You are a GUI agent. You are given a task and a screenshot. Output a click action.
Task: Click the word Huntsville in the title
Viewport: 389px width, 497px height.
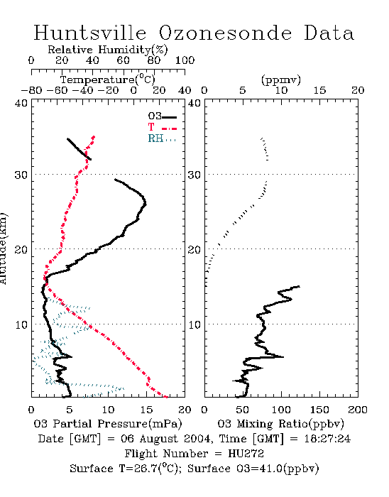[x=90, y=33]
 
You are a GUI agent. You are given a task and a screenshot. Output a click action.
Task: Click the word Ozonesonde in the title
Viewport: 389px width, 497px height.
[x=224, y=33]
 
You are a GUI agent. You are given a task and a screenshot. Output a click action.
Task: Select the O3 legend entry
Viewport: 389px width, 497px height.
[x=162, y=116]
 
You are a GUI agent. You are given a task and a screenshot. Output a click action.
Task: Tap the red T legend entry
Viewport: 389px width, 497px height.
[x=162, y=127]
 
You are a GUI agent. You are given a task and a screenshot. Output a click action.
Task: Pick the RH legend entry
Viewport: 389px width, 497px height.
[x=162, y=138]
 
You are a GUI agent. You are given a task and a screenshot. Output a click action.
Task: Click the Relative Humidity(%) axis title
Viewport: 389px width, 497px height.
[x=108, y=50]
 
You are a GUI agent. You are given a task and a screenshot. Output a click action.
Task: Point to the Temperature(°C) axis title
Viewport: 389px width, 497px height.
[x=108, y=80]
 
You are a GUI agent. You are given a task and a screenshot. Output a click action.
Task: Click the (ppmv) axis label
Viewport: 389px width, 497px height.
[x=281, y=80]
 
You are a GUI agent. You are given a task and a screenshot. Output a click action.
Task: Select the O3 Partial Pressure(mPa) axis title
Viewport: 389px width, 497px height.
[x=108, y=424]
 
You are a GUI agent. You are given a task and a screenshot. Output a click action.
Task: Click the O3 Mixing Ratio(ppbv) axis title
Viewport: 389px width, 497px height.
[x=280, y=424]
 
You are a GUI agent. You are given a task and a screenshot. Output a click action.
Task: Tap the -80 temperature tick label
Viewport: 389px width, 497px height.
[x=31, y=90]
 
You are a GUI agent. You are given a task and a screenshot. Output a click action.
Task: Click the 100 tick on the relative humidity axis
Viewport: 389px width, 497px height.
[x=185, y=60]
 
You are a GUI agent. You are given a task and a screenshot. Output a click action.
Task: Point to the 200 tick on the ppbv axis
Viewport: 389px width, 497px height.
[x=358, y=410]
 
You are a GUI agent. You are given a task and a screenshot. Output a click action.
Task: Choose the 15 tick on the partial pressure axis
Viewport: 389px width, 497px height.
[x=146, y=410]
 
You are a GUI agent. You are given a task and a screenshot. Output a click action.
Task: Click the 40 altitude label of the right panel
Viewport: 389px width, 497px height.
[x=194, y=104]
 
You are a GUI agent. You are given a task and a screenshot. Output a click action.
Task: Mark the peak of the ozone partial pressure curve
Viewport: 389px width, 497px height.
[x=146, y=204]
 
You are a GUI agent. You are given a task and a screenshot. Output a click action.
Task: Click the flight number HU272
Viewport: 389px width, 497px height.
[x=246, y=454]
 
